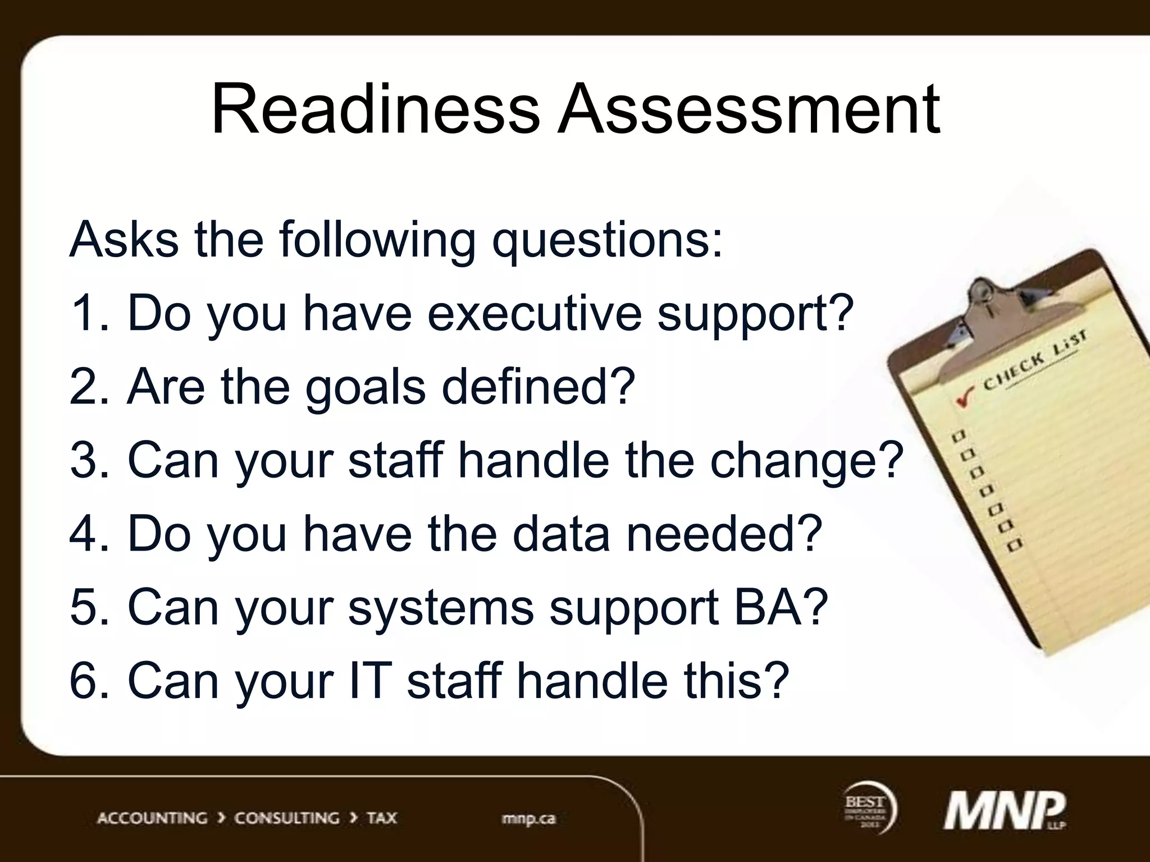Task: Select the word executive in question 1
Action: tap(534, 313)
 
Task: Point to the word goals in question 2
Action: tap(365, 387)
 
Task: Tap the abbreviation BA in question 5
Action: tap(781, 607)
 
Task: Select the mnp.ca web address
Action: tap(528, 818)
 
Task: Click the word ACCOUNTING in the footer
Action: tap(152, 818)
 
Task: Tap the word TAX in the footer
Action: tap(382, 818)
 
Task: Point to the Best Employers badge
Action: tap(868, 808)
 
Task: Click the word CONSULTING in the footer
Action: tap(286, 818)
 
